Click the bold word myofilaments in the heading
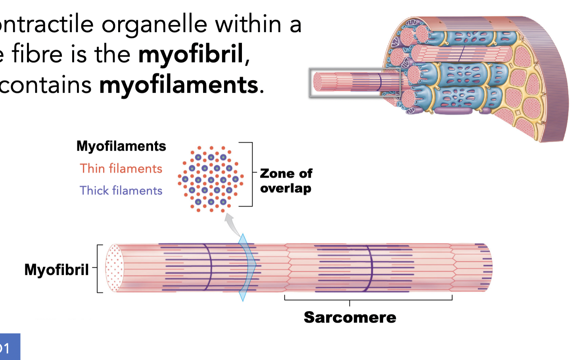click(178, 85)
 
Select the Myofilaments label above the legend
click(121, 146)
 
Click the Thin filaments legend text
click(121, 169)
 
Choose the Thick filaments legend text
click(121, 191)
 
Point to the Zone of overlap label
click(286, 181)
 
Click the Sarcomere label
click(350, 317)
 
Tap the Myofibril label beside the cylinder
click(56, 270)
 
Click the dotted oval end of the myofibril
click(115, 268)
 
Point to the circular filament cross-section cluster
click(211, 179)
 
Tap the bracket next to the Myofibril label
click(98, 268)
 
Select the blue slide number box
click(10, 347)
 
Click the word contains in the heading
click(46, 85)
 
